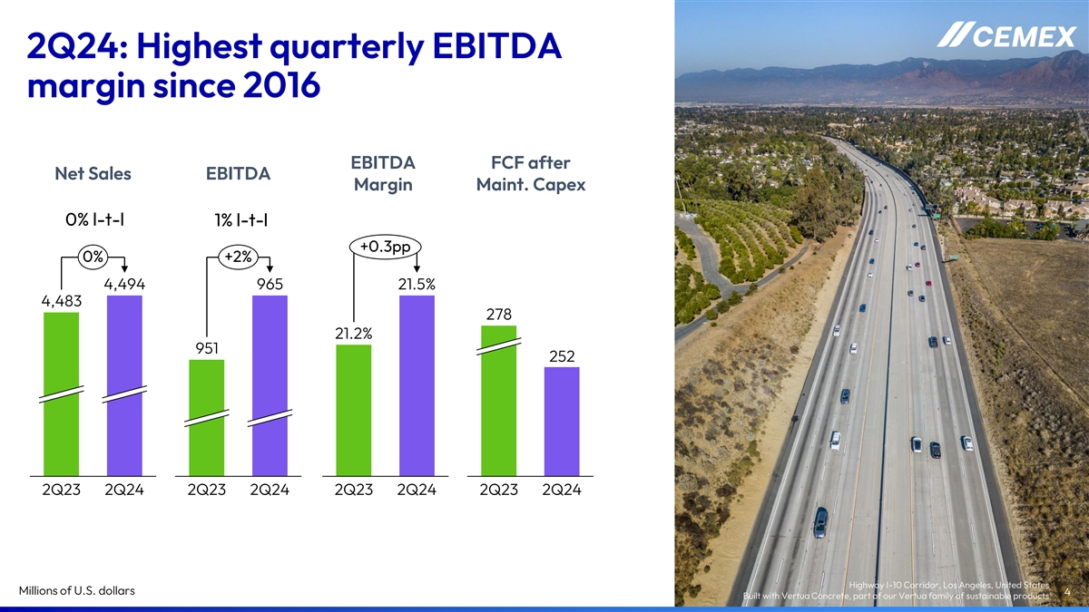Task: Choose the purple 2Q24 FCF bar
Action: click(561, 421)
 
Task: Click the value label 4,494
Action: click(125, 285)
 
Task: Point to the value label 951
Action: click(207, 348)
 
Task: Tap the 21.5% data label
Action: click(417, 285)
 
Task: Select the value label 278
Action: click(499, 315)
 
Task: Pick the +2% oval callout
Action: click(237, 257)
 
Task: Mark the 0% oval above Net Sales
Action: click(92, 257)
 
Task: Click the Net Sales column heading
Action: click(93, 173)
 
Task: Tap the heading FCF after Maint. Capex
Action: click(530, 174)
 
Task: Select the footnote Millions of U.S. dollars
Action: click(77, 591)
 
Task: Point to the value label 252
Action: click(562, 356)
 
